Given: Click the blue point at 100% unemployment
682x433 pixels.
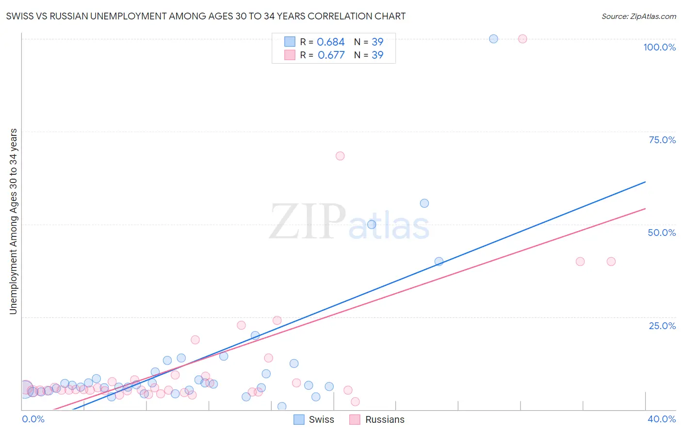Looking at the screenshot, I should tap(493, 39).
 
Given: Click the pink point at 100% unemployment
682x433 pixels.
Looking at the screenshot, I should tap(522, 39).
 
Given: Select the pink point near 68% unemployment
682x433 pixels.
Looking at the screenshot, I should tap(340, 156).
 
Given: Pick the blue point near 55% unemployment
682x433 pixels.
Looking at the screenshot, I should tap(424, 203).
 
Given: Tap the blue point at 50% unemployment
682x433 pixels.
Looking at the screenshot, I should tap(372, 224).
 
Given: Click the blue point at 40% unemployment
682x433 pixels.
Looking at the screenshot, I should tap(439, 261).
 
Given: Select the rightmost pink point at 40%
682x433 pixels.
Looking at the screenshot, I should tap(611, 261).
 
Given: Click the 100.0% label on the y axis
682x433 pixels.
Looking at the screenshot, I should tap(659, 47).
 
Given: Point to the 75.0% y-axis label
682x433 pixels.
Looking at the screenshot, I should tap(662, 140).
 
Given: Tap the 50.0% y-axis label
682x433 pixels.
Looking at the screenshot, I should tap(662, 233).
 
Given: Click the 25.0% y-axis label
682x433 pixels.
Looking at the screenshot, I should tap(662, 326).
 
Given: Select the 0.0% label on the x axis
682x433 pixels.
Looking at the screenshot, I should tap(33, 419).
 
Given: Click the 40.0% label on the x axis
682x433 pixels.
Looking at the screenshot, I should tap(662, 419).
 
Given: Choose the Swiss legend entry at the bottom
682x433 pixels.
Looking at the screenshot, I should tap(321, 419).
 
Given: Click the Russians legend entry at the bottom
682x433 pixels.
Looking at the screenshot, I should tap(384, 419).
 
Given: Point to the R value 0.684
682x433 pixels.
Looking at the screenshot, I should tap(330, 42).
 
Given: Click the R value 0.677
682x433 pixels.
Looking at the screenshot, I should tap(331, 55).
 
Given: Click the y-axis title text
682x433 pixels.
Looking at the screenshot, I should tap(14, 221).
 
